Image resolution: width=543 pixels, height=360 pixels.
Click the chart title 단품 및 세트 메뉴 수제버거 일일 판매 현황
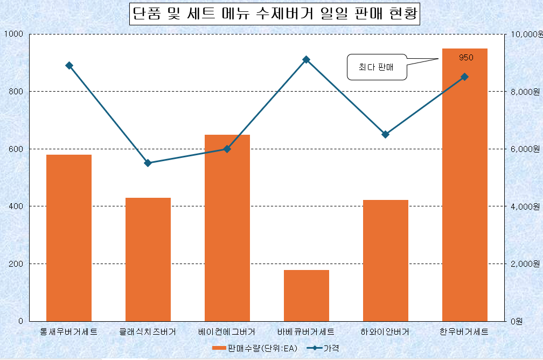click(275, 13)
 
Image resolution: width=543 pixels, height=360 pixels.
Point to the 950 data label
click(466, 57)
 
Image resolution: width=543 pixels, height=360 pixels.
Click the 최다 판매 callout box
click(377, 67)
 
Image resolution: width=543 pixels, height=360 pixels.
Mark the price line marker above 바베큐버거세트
click(307, 59)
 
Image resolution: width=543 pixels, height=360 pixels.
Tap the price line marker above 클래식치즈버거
click(148, 163)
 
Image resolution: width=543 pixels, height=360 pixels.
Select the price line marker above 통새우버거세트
click(69, 65)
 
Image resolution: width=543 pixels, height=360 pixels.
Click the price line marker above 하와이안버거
click(385, 134)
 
